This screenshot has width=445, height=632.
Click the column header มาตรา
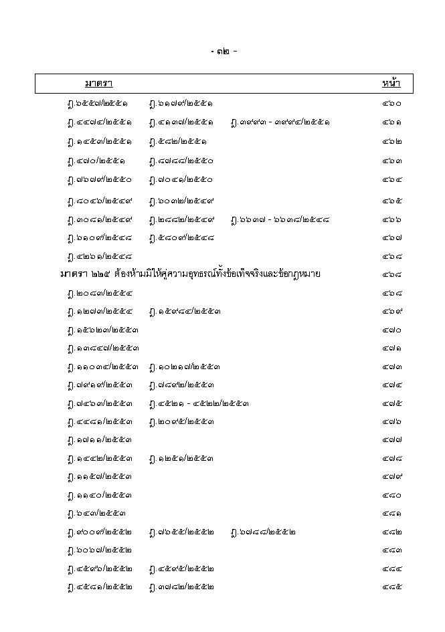[98, 84]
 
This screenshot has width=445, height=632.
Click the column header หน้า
[391, 84]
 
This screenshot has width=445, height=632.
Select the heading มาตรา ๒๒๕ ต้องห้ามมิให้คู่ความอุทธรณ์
[190, 274]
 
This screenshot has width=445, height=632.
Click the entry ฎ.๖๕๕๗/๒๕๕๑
[99, 104]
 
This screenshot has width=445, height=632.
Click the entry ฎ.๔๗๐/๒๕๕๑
[96, 161]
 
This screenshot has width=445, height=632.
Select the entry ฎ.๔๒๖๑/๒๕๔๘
[99, 255]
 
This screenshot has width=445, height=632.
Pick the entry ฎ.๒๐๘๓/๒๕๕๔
[99, 293]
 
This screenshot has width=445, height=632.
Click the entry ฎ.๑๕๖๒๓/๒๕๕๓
[103, 330]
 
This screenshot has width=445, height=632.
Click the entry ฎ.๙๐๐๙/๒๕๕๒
[99, 532]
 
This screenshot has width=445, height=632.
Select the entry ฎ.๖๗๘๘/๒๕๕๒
[262, 532]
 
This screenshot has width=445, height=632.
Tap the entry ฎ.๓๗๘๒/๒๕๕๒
[181, 587]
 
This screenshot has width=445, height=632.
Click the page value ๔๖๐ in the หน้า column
[392, 104]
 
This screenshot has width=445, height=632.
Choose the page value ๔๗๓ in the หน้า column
[392, 366]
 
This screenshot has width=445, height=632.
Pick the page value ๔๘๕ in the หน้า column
[392, 587]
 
